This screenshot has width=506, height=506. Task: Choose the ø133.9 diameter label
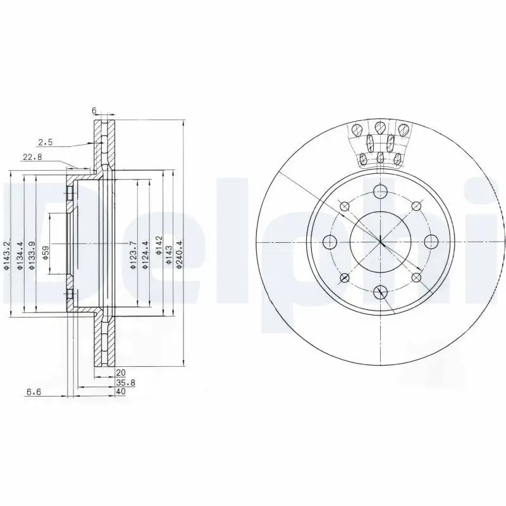pyautogui.click(x=32, y=256)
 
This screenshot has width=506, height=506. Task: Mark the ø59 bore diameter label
pyautogui.click(x=45, y=254)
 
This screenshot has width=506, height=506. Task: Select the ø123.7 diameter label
pyautogui.click(x=132, y=256)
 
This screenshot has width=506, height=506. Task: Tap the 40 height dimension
pyautogui.click(x=121, y=392)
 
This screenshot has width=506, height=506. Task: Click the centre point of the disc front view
pyautogui.click(x=380, y=241)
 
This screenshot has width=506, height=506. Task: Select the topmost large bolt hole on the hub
pyautogui.click(x=380, y=191)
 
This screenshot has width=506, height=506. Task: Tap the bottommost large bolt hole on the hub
pyautogui.click(x=380, y=292)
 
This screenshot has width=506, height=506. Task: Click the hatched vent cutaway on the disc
pyautogui.click(x=379, y=144)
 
